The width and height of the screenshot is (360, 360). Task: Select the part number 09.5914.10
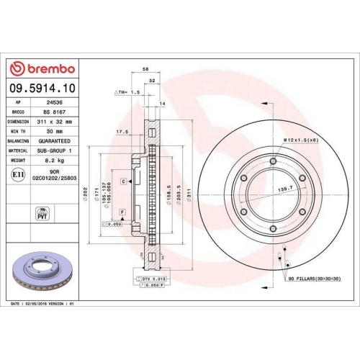[x=43, y=88]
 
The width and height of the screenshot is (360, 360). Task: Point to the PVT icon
[x=42, y=214]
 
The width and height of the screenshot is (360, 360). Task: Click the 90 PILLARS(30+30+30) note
[x=314, y=278]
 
